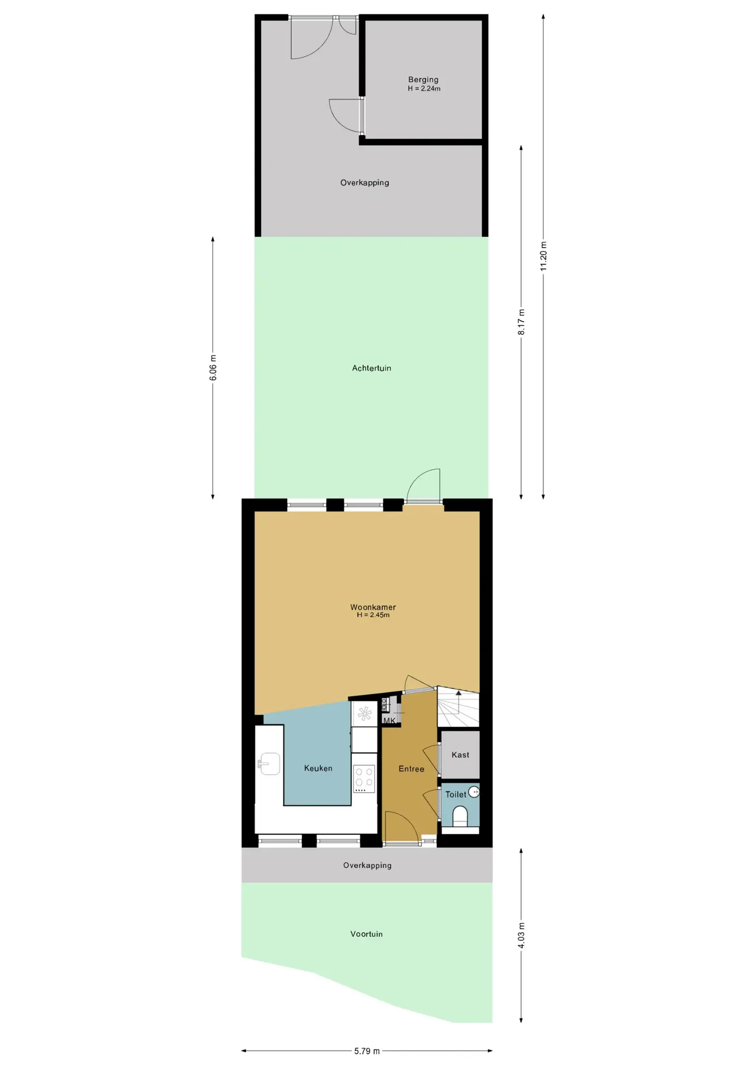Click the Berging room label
coord(423,80)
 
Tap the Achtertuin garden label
coord(371,368)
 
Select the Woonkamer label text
coord(373,607)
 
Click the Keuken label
coord(318,768)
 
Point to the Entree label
coord(411,769)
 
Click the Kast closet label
coord(460,755)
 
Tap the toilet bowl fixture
coord(460,817)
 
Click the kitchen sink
coord(269,764)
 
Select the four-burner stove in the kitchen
coord(365,779)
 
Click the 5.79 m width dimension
coord(367,1051)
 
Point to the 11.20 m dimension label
coord(543,256)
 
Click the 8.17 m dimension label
coord(522,322)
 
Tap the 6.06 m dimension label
coord(213,368)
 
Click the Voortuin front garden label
coord(366,934)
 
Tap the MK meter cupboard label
coord(389,720)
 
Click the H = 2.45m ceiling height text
coord(373,615)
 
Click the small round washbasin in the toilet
coord(474,792)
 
